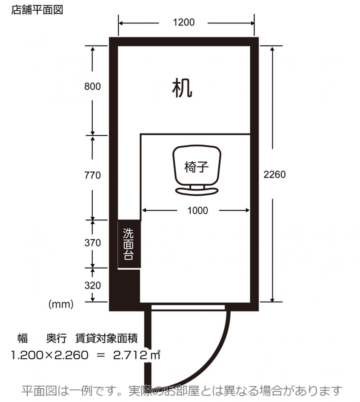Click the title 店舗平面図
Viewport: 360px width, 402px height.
(x=37, y=10)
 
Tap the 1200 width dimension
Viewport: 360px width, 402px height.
(x=184, y=22)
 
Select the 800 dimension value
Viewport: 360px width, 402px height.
(x=92, y=86)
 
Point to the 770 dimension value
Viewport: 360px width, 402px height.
(x=92, y=175)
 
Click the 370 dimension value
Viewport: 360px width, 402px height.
(x=93, y=243)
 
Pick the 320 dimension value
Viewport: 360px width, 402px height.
(x=93, y=285)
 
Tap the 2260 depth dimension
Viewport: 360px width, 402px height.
(x=275, y=175)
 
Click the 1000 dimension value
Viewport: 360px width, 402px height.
(x=198, y=210)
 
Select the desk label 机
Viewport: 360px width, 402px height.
(x=182, y=88)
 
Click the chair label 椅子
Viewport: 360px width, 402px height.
(x=196, y=167)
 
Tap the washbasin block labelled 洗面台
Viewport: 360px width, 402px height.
(x=129, y=244)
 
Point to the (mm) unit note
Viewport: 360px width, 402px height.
(x=61, y=304)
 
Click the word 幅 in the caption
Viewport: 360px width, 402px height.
(x=22, y=338)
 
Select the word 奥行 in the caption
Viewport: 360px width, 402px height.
(x=56, y=338)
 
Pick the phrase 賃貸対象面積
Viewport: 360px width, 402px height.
(x=106, y=338)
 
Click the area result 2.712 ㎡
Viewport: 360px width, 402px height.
(x=137, y=355)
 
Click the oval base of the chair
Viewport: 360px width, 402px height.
(x=197, y=191)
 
